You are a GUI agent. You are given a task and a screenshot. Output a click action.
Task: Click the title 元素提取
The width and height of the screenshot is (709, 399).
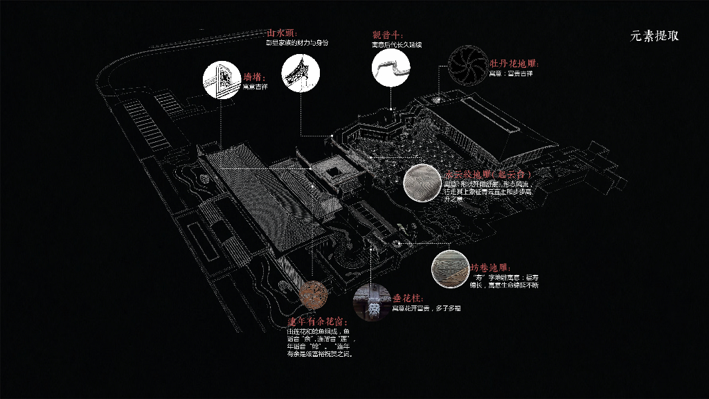tap(654, 36)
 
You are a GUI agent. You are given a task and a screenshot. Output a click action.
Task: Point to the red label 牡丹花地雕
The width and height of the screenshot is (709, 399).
tap(514, 64)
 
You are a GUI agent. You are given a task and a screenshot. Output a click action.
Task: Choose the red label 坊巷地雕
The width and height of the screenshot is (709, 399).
tap(490, 267)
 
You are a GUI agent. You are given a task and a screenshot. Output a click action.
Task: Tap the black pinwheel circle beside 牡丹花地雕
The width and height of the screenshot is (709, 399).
tap(466, 63)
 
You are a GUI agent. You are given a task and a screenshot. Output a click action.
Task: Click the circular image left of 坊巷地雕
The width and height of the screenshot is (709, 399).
tap(449, 268)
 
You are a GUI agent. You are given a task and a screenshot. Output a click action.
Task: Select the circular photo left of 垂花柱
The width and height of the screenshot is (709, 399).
tap(371, 302)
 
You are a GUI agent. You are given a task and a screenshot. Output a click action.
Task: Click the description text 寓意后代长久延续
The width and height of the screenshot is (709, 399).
tap(396, 45)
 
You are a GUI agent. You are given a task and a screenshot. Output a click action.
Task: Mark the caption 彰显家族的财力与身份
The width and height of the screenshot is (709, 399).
tap(298, 42)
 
